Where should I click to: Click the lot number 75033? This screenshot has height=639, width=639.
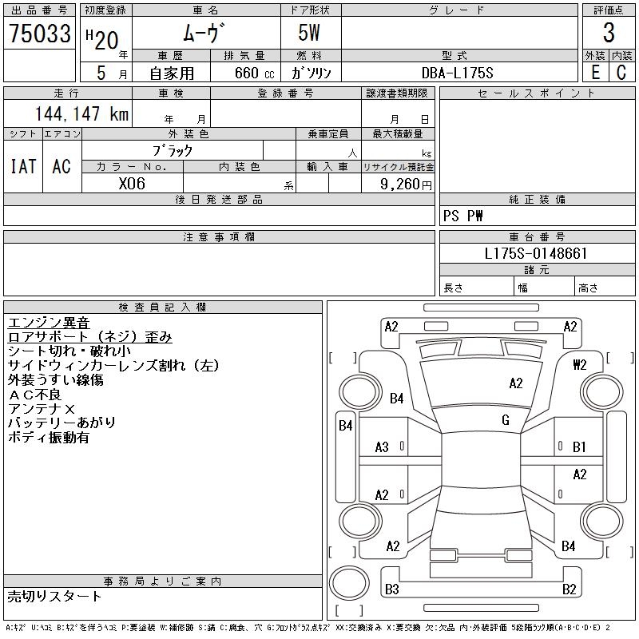pos(39,34)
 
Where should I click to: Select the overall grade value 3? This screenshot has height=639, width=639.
pos(609,33)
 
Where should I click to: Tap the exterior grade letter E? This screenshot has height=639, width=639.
pos(595,73)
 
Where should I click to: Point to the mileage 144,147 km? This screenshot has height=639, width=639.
pos(81,113)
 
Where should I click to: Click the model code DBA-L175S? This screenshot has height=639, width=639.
pos(457,73)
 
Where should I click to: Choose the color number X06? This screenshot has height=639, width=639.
pos(132,184)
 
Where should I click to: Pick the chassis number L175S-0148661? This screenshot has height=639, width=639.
pos(535,253)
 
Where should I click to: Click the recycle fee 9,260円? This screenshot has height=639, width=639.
pos(406,185)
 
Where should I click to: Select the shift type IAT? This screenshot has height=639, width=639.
pos(23,166)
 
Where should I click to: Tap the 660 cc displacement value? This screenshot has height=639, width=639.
pos(254,73)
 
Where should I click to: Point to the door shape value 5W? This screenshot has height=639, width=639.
pos(309,33)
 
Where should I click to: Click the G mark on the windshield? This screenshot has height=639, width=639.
pos(506,420)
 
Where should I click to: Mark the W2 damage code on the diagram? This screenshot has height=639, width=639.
pos(580,365)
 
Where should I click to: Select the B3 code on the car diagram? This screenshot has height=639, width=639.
pos(391,589)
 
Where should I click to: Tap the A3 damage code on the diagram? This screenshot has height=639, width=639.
pos(382,447)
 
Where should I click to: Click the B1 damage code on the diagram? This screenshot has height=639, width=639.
pos(579,447)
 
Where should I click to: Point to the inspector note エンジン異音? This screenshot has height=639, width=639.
pos(49,323)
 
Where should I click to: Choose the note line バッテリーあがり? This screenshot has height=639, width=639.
pos(62,423)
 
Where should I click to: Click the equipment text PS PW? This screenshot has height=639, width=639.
pos(462,216)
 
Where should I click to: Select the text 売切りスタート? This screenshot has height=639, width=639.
pos(54,597)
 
